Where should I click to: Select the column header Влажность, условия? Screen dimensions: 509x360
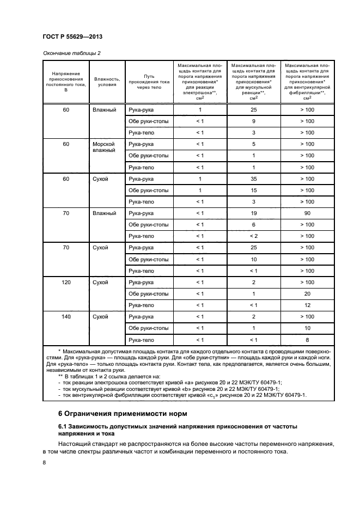tap(107, 81)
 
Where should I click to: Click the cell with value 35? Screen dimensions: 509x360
tap(254, 179)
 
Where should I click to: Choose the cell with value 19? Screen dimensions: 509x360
tap(254, 213)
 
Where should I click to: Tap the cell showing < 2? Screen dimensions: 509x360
tap(254, 236)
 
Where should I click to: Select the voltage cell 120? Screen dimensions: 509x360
tap(66, 282)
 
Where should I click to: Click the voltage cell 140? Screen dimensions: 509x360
tap(66, 316)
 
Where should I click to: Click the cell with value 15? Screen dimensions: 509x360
tap(254, 190)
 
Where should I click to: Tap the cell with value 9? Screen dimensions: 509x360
tap(254, 121)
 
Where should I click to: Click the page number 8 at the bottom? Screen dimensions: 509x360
tap(45, 463)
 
